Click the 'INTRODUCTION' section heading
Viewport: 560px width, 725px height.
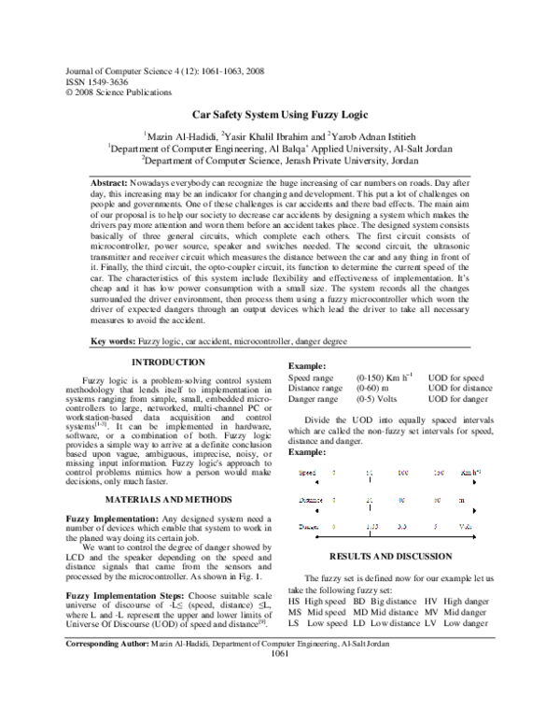pyautogui.click(x=167, y=362)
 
